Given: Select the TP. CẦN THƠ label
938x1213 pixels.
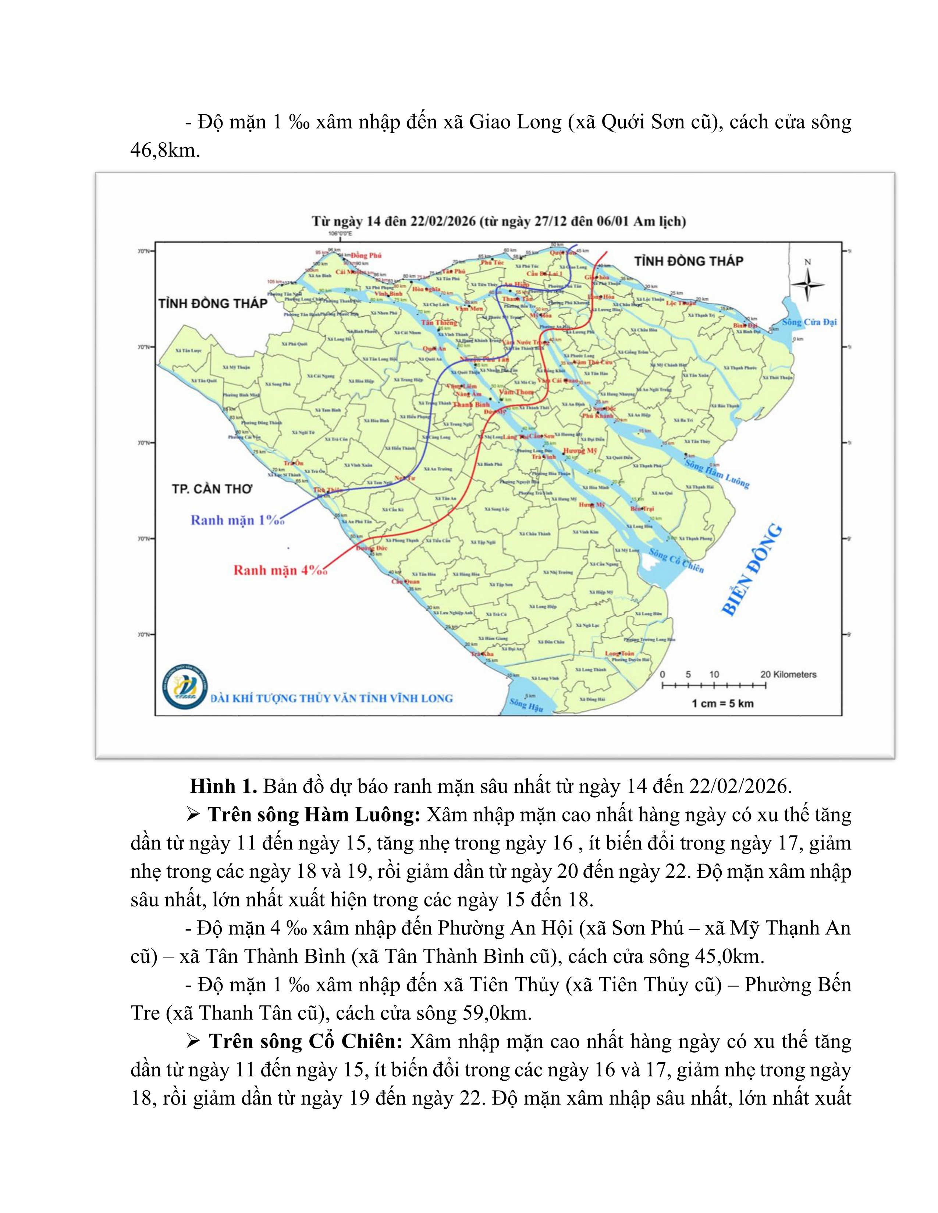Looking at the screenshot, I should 212,489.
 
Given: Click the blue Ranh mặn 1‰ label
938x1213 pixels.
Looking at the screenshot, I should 237,520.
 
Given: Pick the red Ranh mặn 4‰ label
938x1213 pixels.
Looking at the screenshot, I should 280,570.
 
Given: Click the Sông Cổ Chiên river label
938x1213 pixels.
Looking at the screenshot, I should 676,561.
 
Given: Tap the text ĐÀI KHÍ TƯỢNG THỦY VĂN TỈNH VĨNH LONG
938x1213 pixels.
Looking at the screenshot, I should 332,698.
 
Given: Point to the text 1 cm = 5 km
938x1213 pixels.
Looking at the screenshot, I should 722,703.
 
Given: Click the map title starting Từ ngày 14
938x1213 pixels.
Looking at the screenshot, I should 498,221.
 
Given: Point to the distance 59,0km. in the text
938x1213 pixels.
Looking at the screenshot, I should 497,1013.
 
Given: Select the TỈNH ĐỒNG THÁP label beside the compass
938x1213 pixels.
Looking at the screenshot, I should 689,261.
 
